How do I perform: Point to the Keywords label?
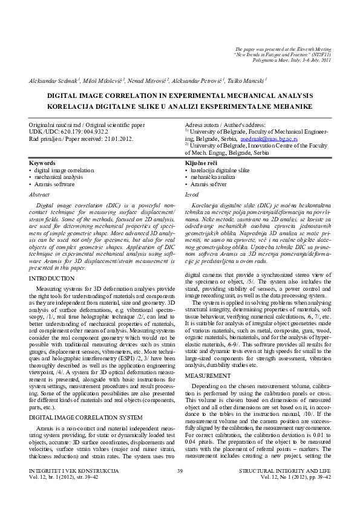(x=42, y=163)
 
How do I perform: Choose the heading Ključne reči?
(x=201, y=163)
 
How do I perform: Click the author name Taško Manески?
(x=247, y=80)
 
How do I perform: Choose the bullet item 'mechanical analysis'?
(x=59, y=178)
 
